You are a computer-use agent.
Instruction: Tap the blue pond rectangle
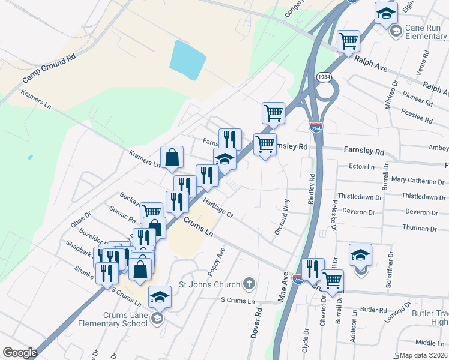click(188, 61)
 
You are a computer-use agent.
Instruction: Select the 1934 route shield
click(324, 77)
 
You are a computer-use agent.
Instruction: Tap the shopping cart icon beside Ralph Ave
click(348, 41)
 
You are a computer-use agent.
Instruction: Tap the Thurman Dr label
click(421, 229)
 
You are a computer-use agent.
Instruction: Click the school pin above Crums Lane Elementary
click(160, 296)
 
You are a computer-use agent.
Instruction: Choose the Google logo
click(20, 353)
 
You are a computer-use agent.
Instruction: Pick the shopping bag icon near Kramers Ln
click(172, 157)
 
